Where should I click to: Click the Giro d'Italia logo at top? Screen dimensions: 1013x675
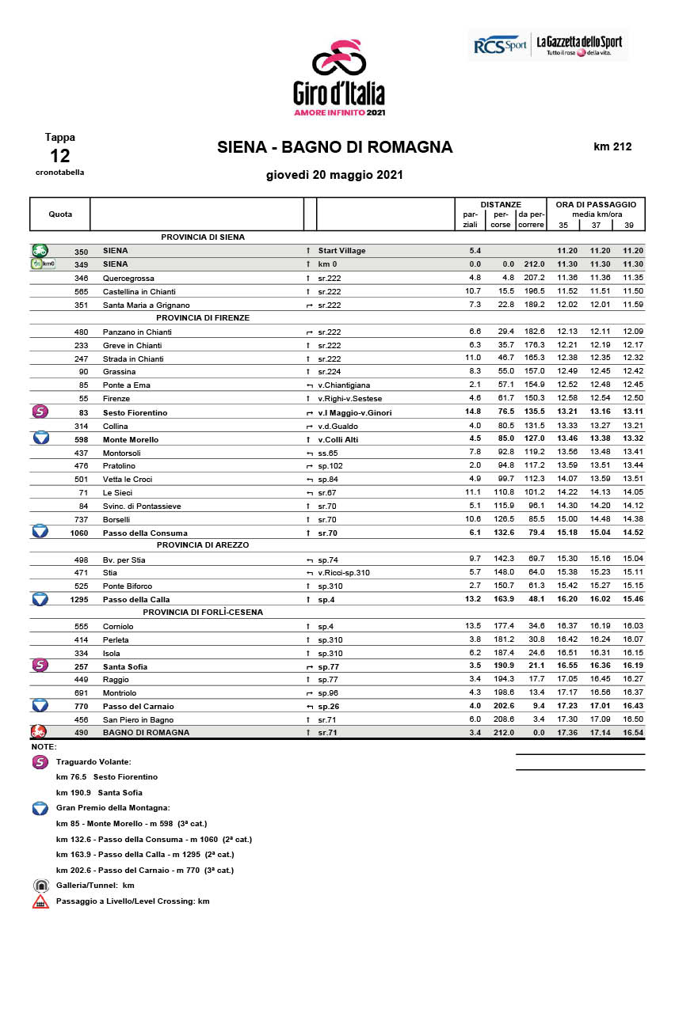338,78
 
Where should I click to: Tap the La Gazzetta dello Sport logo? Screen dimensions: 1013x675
578,44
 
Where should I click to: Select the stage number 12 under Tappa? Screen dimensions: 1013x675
60,155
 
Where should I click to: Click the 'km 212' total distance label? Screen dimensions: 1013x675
612,146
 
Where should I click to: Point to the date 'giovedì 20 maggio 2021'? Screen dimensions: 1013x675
334,175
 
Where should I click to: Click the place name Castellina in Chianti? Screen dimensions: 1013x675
133,291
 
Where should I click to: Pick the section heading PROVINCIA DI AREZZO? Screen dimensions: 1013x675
203,545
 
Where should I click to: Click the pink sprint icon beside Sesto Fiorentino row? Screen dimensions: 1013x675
40,412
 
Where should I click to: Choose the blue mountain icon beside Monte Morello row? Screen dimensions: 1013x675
40,438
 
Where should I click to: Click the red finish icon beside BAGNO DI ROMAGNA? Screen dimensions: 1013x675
39,732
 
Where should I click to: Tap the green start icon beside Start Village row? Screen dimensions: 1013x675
40,250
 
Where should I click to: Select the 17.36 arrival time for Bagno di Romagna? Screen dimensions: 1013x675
567,733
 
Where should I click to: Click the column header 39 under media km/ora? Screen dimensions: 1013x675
629,225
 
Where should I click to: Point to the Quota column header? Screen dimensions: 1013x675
60,214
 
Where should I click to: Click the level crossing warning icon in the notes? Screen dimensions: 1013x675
40,901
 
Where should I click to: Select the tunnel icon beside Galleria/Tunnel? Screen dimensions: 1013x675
40,886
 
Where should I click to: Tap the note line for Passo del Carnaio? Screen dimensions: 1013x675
145,871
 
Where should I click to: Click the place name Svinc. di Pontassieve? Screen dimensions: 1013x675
142,506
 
